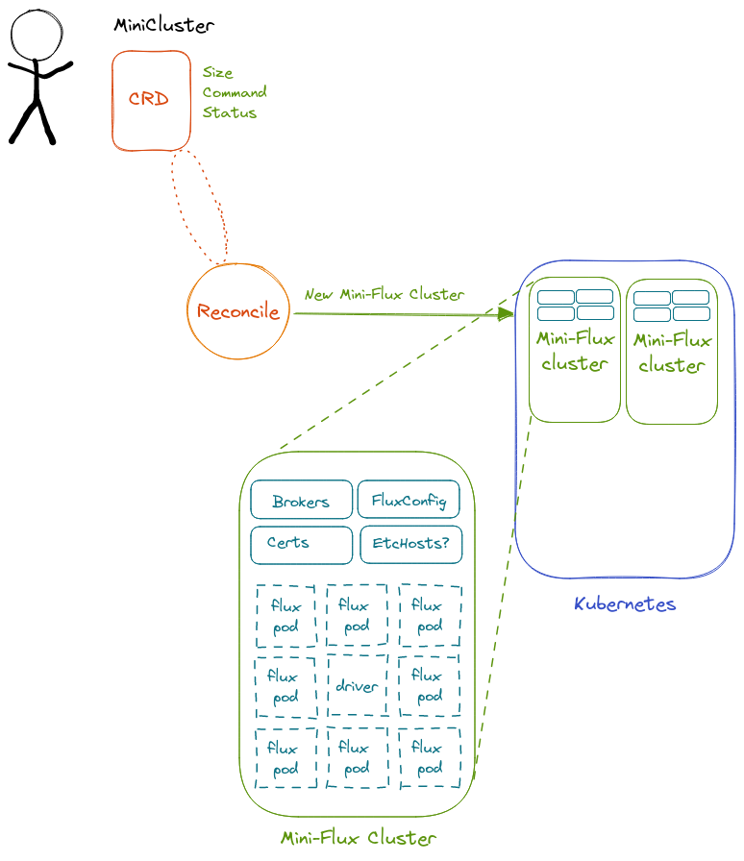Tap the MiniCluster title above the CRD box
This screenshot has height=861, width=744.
point(163,25)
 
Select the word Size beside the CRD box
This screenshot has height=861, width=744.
point(217,72)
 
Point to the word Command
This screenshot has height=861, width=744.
point(235,92)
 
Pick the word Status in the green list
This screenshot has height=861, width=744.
point(230,112)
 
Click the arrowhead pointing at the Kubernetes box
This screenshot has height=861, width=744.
point(506,314)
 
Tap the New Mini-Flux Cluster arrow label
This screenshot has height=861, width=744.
point(384,294)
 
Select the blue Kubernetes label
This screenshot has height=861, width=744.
point(625,604)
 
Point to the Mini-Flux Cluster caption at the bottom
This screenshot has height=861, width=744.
point(359,838)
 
